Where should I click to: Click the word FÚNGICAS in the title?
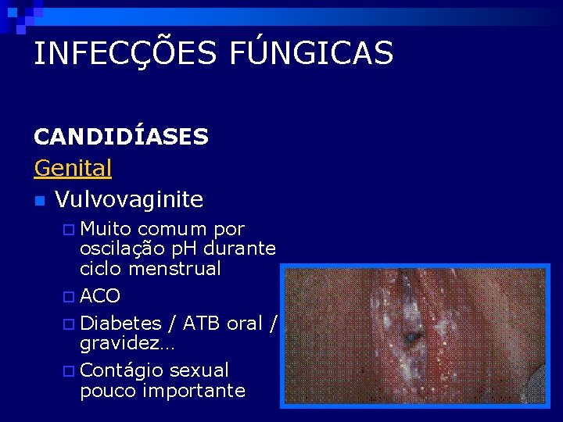pos(312,53)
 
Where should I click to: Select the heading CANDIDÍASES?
pos(121,137)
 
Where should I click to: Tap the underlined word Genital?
pos(73,167)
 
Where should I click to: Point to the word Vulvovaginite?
pos(129,199)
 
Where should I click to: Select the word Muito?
pos(107,229)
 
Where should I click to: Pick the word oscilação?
pos(120,249)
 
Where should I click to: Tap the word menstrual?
pos(174,268)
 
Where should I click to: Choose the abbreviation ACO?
pos(100,296)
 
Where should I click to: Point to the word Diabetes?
pos(120,323)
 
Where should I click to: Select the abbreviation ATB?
pos(200,323)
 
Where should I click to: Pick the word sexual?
pos(199,370)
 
